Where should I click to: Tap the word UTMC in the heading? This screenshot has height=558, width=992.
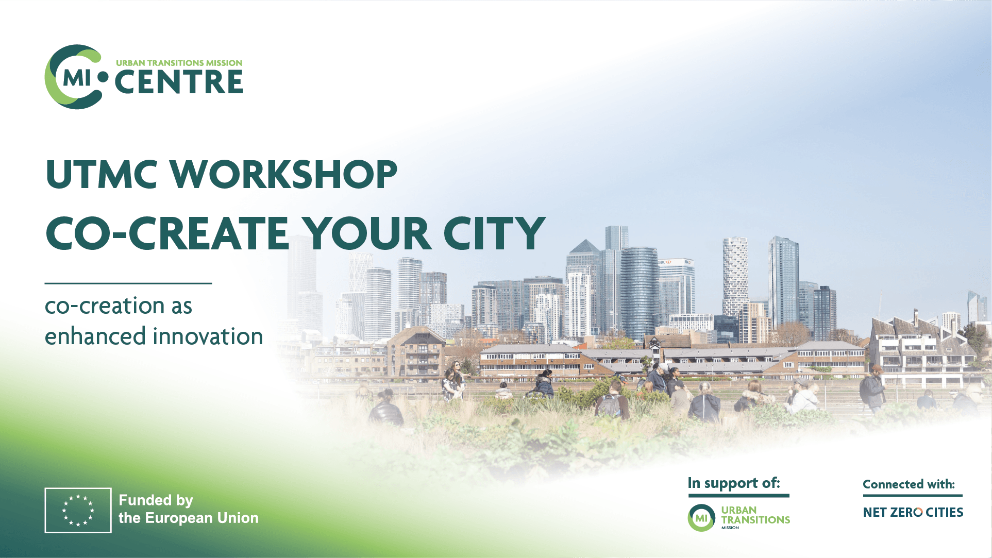click(x=102, y=174)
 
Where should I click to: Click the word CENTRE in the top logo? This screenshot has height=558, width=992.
click(x=179, y=82)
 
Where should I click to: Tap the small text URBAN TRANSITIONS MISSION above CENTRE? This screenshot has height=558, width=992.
click(x=179, y=63)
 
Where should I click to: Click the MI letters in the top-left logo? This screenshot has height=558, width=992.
click(x=76, y=78)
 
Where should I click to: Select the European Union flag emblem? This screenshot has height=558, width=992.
click(x=78, y=510)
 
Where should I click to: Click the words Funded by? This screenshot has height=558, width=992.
click(x=156, y=500)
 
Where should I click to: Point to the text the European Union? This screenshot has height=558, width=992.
click(x=189, y=518)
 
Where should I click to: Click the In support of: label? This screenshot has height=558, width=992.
click(x=734, y=483)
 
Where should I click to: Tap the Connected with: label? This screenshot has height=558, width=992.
click(x=909, y=484)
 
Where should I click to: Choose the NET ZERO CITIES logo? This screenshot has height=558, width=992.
click(x=913, y=512)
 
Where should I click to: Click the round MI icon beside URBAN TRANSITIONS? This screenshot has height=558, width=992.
click(x=701, y=518)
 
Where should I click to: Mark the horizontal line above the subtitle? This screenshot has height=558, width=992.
click(x=128, y=283)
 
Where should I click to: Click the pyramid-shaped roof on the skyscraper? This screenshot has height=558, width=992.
click(x=584, y=246)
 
